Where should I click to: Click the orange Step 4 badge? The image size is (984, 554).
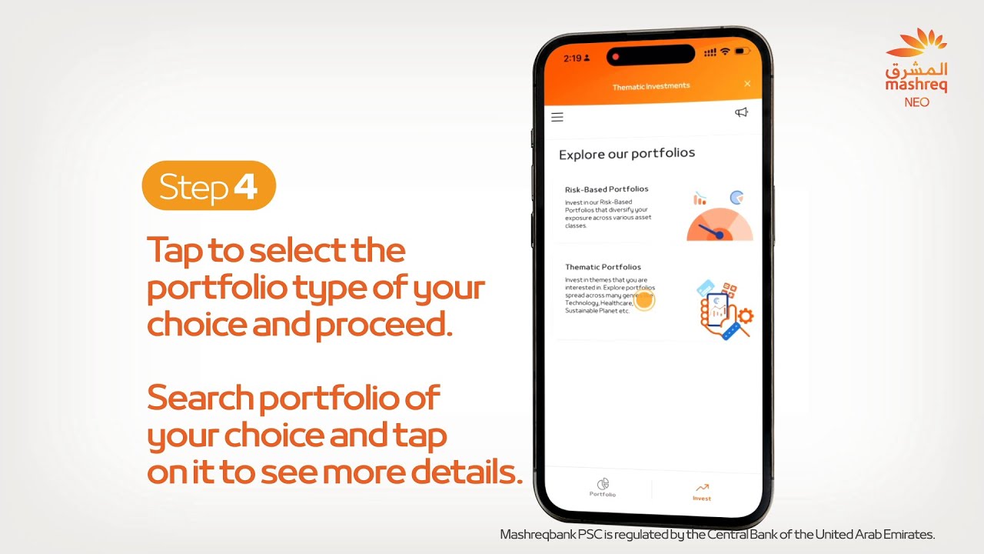click(208, 185)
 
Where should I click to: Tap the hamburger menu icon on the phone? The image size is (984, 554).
click(557, 117)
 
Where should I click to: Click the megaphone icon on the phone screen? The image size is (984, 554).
click(741, 112)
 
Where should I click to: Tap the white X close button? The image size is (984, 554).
click(747, 83)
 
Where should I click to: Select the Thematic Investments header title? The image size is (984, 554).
click(650, 86)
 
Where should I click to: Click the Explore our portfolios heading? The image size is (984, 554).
click(627, 153)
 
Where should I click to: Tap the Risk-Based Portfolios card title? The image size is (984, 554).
click(607, 189)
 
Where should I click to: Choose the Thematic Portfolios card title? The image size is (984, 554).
click(603, 267)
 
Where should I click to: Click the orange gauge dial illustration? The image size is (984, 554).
click(719, 225)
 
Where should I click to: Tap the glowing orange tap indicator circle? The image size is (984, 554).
click(644, 300)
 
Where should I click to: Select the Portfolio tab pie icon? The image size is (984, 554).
click(603, 484)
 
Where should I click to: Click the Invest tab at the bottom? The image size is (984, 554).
click(702, 492)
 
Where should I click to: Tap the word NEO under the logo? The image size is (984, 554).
click(916, 102)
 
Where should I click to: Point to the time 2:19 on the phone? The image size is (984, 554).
click(573, 58)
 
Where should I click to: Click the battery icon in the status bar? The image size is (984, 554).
click(742, 52)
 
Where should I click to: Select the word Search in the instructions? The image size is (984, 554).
click(200, 398)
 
